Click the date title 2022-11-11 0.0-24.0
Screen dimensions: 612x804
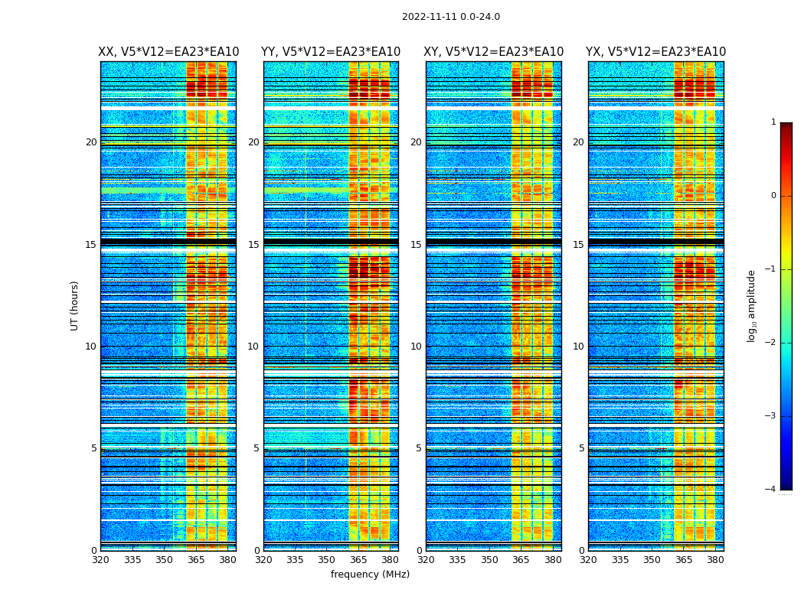coord(451,17)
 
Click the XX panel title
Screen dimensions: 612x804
coord(168,52)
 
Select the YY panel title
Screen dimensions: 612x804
coord(331,52)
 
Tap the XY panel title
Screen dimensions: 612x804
coord(494,52)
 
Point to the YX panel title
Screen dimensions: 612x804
coord(656,52)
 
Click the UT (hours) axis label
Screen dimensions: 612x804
coord(75,305)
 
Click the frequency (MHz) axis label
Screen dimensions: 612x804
coord(370,575)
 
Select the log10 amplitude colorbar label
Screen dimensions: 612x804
coord(752,305)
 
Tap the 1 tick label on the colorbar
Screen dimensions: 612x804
coord(773,122)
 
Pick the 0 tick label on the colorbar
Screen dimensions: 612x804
coord(773,196)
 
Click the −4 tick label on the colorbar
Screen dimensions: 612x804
coord(771,490)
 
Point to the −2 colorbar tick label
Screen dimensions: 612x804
coord(771,343)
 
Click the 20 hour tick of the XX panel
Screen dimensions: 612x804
coord(91,142)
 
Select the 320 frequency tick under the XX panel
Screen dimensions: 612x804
coord(100,560)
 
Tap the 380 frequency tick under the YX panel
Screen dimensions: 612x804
coord(715,560)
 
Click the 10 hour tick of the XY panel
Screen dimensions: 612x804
coord(416,347)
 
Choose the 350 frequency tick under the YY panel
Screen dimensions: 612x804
coord(327,560)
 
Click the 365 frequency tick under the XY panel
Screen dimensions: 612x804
coord(521,560)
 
